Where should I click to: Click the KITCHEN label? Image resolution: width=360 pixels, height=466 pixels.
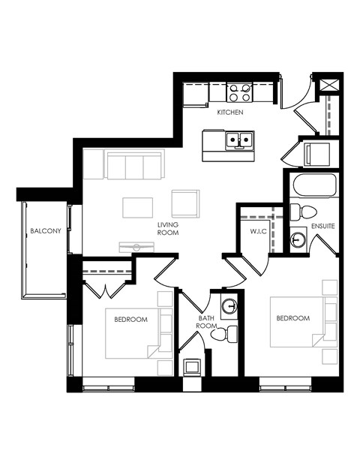point(230,112)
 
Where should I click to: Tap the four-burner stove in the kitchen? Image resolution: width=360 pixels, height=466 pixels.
point(239,92)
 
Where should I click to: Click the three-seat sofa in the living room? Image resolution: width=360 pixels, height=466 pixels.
point(133,164)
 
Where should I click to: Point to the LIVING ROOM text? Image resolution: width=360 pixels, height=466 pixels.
point(166,229)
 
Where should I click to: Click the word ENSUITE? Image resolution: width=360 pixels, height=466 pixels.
point(322,225)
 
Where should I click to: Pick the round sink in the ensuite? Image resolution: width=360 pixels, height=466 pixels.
point(298,240)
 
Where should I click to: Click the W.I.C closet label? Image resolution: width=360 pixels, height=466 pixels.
point(258,232)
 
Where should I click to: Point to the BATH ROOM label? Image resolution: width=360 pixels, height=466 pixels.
point(207,323)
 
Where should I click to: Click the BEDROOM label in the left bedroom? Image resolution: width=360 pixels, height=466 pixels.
point(130,319)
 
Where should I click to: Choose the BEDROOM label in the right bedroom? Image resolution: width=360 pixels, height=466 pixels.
point(292,318)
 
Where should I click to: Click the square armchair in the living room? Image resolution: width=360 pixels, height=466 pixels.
point(185,203)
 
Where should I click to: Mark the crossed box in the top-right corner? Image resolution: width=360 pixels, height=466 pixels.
point(327,84)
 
